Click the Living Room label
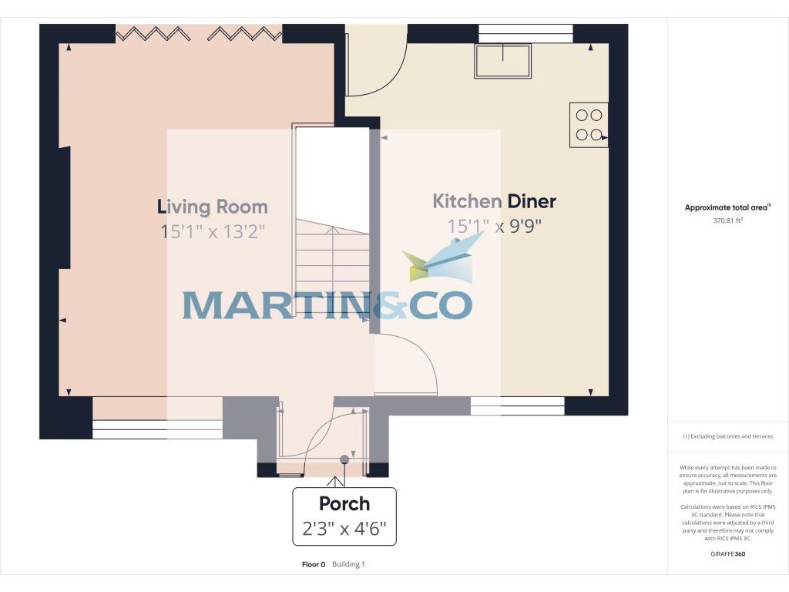(x=213, y=207)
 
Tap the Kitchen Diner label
(x=494, y=202)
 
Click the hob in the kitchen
(x=589, y=125)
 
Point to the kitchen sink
(x=503, y=61)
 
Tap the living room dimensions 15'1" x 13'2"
(x=213, y=231)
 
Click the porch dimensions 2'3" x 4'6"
(x=344, y=530)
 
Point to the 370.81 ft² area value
(x=727, y=220)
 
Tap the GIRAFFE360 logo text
(x=728, y=553)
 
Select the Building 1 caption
(x=348, y=564)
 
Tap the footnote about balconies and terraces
(x=727, y=437)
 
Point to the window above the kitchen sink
(x=525, y=33)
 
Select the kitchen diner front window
(x=517, y=405)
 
